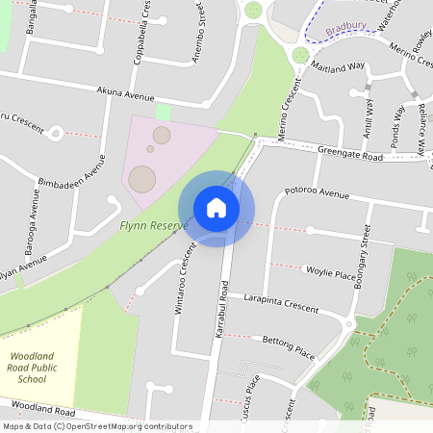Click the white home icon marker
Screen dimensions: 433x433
coord(216,208)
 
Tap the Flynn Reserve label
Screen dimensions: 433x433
coord(153,225)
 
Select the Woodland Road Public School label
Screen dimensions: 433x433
coord(32,368)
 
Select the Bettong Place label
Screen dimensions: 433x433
coord(289,347)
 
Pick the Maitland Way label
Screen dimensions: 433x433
coord(338,67)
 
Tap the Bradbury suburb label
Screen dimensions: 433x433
coord(347,30)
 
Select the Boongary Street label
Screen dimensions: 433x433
coord(365,252)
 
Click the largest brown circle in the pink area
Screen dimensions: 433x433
coord(142,179)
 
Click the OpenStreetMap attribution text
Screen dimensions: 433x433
coord(96,426)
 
